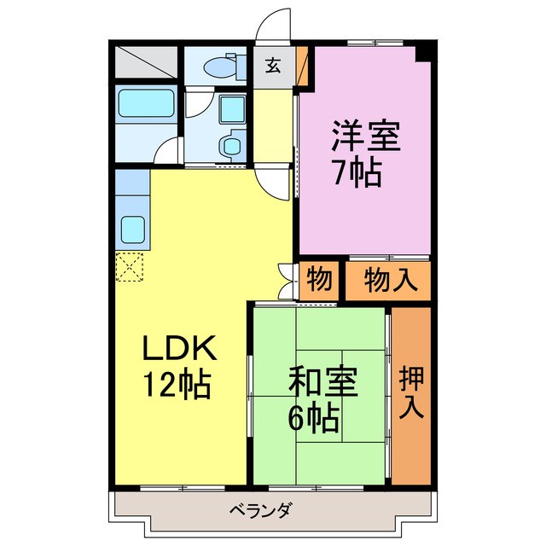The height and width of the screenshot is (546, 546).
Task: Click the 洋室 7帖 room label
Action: click(x=357, y=154)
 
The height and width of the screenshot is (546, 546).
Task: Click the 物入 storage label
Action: click(x=389, y=279)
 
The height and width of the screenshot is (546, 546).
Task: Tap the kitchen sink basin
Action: click(x=132, y=229)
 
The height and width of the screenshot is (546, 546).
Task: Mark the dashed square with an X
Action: click(x=130, y=267)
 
